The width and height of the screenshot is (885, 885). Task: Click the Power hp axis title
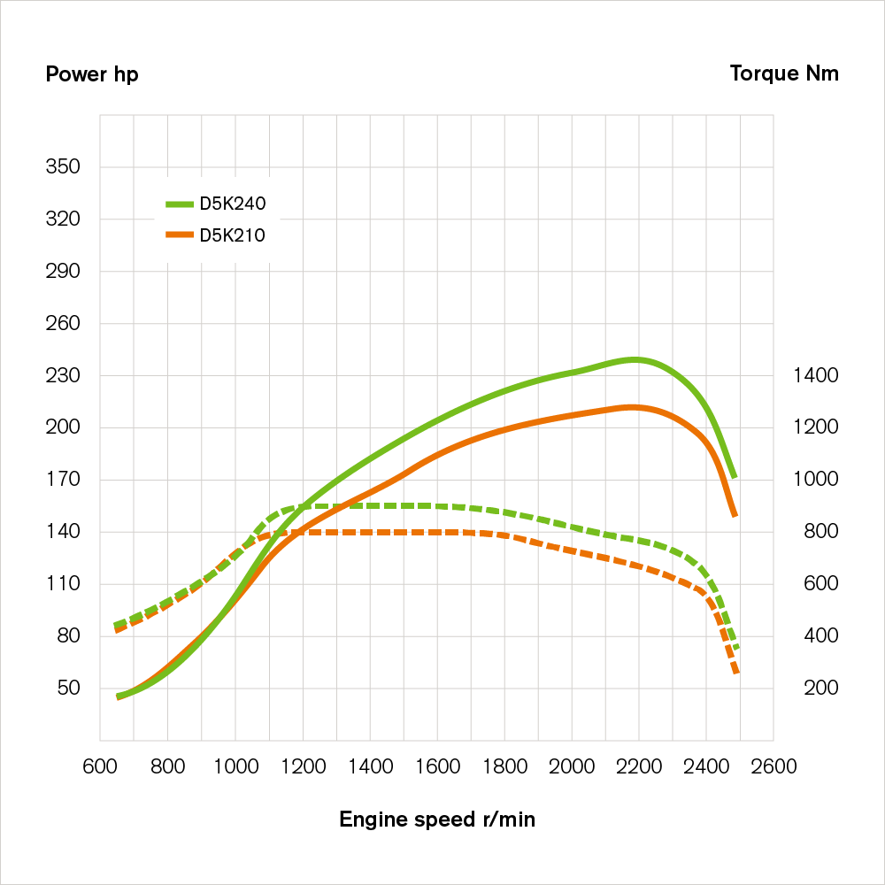pyautogui.click(x=92, y=73)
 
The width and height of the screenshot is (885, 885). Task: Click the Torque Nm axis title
pyautogui.click(x=784, y=73)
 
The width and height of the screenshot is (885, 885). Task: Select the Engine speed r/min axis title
pyautogui.click(x=437, y=820)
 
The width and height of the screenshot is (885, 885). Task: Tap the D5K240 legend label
pyautogui.click(x=233, y=204)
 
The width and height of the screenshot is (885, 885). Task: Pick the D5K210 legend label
pyautogui.click(x=233, y=235)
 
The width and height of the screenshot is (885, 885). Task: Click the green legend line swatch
pyautogui.click(x=179, y=204)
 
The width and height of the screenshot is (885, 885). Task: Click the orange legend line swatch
pyautogui.click(x=179, y=235)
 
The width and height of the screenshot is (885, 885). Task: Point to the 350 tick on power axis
pyautogui.click(x=63, y=167)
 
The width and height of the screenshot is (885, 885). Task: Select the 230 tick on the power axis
pyautogui.click(x=63, y=376)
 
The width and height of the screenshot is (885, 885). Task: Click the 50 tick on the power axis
pyautogui.click(x=67, y=689)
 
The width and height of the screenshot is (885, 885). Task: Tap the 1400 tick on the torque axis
pyautogui.click(x=817, y=376)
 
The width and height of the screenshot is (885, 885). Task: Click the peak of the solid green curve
pyautogui.click(x=635, y=359)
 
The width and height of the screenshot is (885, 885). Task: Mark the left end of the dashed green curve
pyautogui.click(x=118, y=625)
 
